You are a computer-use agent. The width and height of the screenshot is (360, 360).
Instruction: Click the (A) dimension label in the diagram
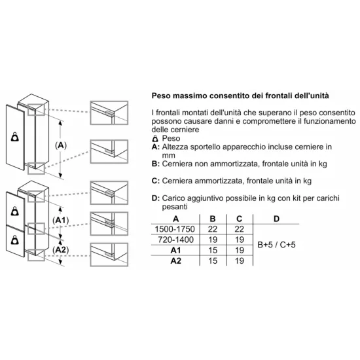(x=61, y=144)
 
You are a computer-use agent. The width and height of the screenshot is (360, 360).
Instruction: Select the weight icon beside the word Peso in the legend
(x=154, y=139)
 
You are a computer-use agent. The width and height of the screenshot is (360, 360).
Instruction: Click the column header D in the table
(x=276, y=219)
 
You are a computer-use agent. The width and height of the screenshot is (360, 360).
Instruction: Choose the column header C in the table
(x=240, y=219)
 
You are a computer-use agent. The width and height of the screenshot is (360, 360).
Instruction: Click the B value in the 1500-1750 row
(x=212, y=229)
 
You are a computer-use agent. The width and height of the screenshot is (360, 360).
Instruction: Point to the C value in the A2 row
(x=240, y=261)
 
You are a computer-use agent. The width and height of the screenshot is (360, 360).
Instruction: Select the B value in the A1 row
(x=212, y=250)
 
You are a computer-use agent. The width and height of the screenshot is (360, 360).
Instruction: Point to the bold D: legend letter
(x=155, y=198)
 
